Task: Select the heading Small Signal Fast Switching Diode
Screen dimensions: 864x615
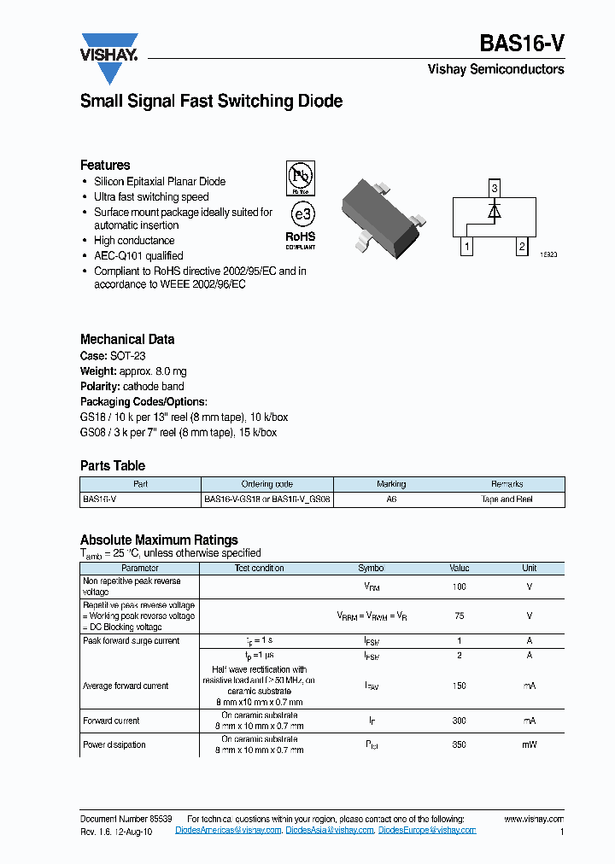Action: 211,101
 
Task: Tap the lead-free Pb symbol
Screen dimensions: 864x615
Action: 300,178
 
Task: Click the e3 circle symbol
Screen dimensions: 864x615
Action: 300,213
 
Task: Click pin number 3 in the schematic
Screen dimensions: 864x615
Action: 494,187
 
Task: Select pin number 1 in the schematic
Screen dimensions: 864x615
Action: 466,248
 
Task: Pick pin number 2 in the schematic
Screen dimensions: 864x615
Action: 521,248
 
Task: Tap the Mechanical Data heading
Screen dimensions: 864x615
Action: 127,339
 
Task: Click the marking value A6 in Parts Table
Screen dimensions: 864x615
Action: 391,499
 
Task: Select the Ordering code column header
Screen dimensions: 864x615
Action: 266,484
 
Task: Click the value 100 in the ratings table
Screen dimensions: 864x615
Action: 459,587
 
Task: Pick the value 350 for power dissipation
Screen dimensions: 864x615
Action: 459,744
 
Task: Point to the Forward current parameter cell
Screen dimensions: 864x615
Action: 111,721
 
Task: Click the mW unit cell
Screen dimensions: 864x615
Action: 530,744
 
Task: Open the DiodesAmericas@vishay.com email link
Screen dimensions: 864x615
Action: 228,830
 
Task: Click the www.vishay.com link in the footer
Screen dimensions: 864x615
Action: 534,819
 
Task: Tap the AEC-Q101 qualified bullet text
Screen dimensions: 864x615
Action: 138,255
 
